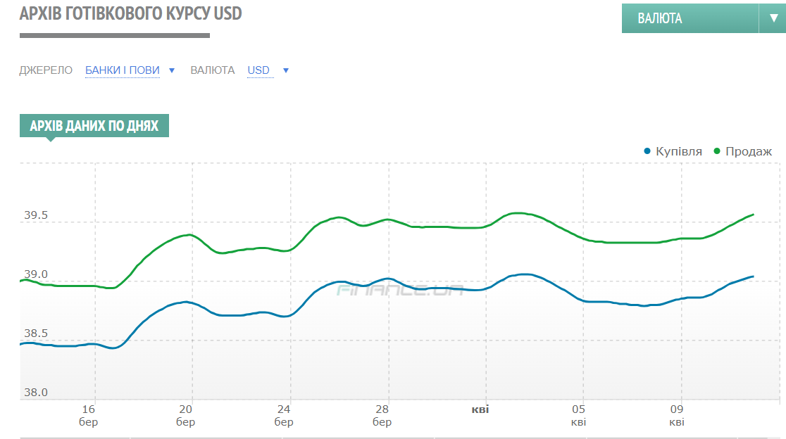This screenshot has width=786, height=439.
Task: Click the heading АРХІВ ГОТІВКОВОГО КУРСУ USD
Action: [x=131, y=14]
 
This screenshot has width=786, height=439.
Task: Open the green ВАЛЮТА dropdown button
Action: [x=689, y=18]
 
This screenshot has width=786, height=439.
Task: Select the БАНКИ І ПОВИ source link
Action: [x=123, y=70]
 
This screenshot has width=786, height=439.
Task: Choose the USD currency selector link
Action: [x=258, y=70]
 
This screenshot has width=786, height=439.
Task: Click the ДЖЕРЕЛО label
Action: [x=46, y=70]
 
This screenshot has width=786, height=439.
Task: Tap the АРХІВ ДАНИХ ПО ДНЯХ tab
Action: [x=94, y=126]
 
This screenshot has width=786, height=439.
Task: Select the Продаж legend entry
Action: [x=748, y=151]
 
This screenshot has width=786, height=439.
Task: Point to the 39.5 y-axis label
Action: [x=36, y=215]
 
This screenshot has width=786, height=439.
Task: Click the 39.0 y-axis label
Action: [x=36, y=274]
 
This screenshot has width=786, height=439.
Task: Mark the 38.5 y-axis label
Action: [x=36, y=333]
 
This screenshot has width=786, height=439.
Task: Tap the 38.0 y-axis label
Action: [x=36, y=393]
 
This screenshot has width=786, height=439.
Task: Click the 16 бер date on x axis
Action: [x=89, y=415]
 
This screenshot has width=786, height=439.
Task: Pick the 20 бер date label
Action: [x=186, y=415]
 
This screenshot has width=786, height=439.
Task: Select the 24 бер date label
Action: [x=284, y=415]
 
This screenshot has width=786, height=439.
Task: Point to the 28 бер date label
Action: [x=382, y=415]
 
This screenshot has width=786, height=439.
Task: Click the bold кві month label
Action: [x=480, y=409]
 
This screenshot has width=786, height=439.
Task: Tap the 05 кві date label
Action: [x=578, y=415]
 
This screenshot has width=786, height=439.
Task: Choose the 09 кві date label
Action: [x=676, y=415]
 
